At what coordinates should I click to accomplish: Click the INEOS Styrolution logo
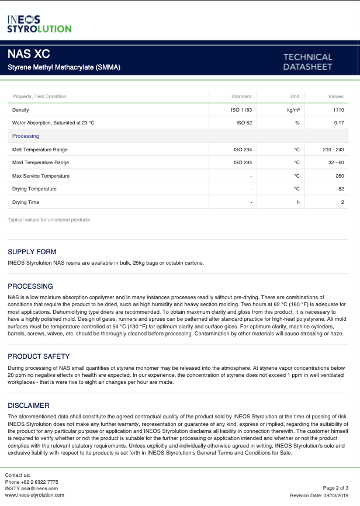pos(39,24)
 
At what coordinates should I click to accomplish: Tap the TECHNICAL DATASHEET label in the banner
pos(307,62)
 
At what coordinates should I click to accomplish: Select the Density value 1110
pos(338,110)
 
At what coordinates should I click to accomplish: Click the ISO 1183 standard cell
pos(241,110)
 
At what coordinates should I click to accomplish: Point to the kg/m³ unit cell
pos(293,110)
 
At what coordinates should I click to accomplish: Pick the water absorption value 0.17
pos(339,123)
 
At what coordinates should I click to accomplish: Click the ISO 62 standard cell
pos(244,123)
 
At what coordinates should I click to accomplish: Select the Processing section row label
pos(26,136)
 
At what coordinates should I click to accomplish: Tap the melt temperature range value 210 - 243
pos(333,150)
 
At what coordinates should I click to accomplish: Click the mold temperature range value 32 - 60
pos(336,162)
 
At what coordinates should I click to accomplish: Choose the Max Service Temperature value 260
pos(339,176)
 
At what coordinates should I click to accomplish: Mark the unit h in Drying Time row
pos(297,202)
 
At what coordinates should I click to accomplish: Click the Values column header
pos(335,96)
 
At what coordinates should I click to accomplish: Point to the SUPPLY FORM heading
pos(32,252)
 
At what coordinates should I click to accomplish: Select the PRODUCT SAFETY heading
pos(39,356)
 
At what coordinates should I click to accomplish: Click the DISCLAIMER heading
pos(29,406)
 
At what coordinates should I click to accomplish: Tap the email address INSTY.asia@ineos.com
pos(32,488)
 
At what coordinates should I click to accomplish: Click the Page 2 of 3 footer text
pos(335,487)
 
